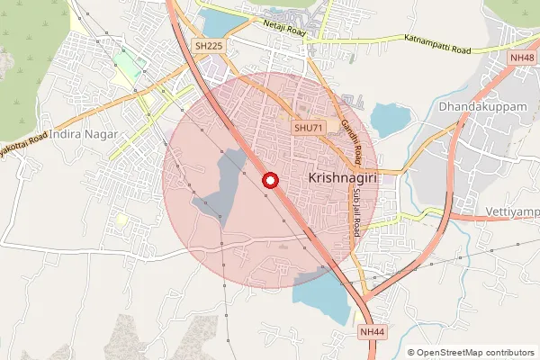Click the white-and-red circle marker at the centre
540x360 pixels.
(268, 181)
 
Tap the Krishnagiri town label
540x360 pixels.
(341, 178)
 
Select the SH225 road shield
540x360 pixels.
(208, 45)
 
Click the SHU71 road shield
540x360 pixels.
(308, 129)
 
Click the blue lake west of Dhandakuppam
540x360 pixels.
(390, 119)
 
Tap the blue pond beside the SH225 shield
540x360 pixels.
(220, 22)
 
